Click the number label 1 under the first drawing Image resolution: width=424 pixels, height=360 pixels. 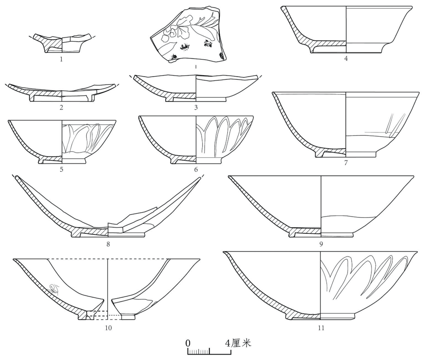click(x=61, y=59)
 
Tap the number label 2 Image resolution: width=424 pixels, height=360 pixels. click(x=61, y=107)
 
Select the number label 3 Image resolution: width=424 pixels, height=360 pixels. click(x=196, y=107)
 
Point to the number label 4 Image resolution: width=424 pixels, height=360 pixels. click(x=346, y=58)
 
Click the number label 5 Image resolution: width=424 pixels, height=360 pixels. click(x=62, y=169)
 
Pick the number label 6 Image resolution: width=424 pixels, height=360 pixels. click(x=196, y=169)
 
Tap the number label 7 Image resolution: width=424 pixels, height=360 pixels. click(x=346, y=163)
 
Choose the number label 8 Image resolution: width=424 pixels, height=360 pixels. click(x=108, y=244)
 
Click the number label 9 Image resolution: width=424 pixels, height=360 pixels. click(x=321, y=244)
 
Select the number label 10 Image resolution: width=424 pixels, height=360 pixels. click(x=108, y=328)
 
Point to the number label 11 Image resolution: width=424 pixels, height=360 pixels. click(x=321, y=328)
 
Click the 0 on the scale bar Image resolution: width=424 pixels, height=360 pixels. click(x=188, y=343)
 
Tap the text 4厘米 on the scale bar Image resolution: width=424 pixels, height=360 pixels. click(x=238, y=343)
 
